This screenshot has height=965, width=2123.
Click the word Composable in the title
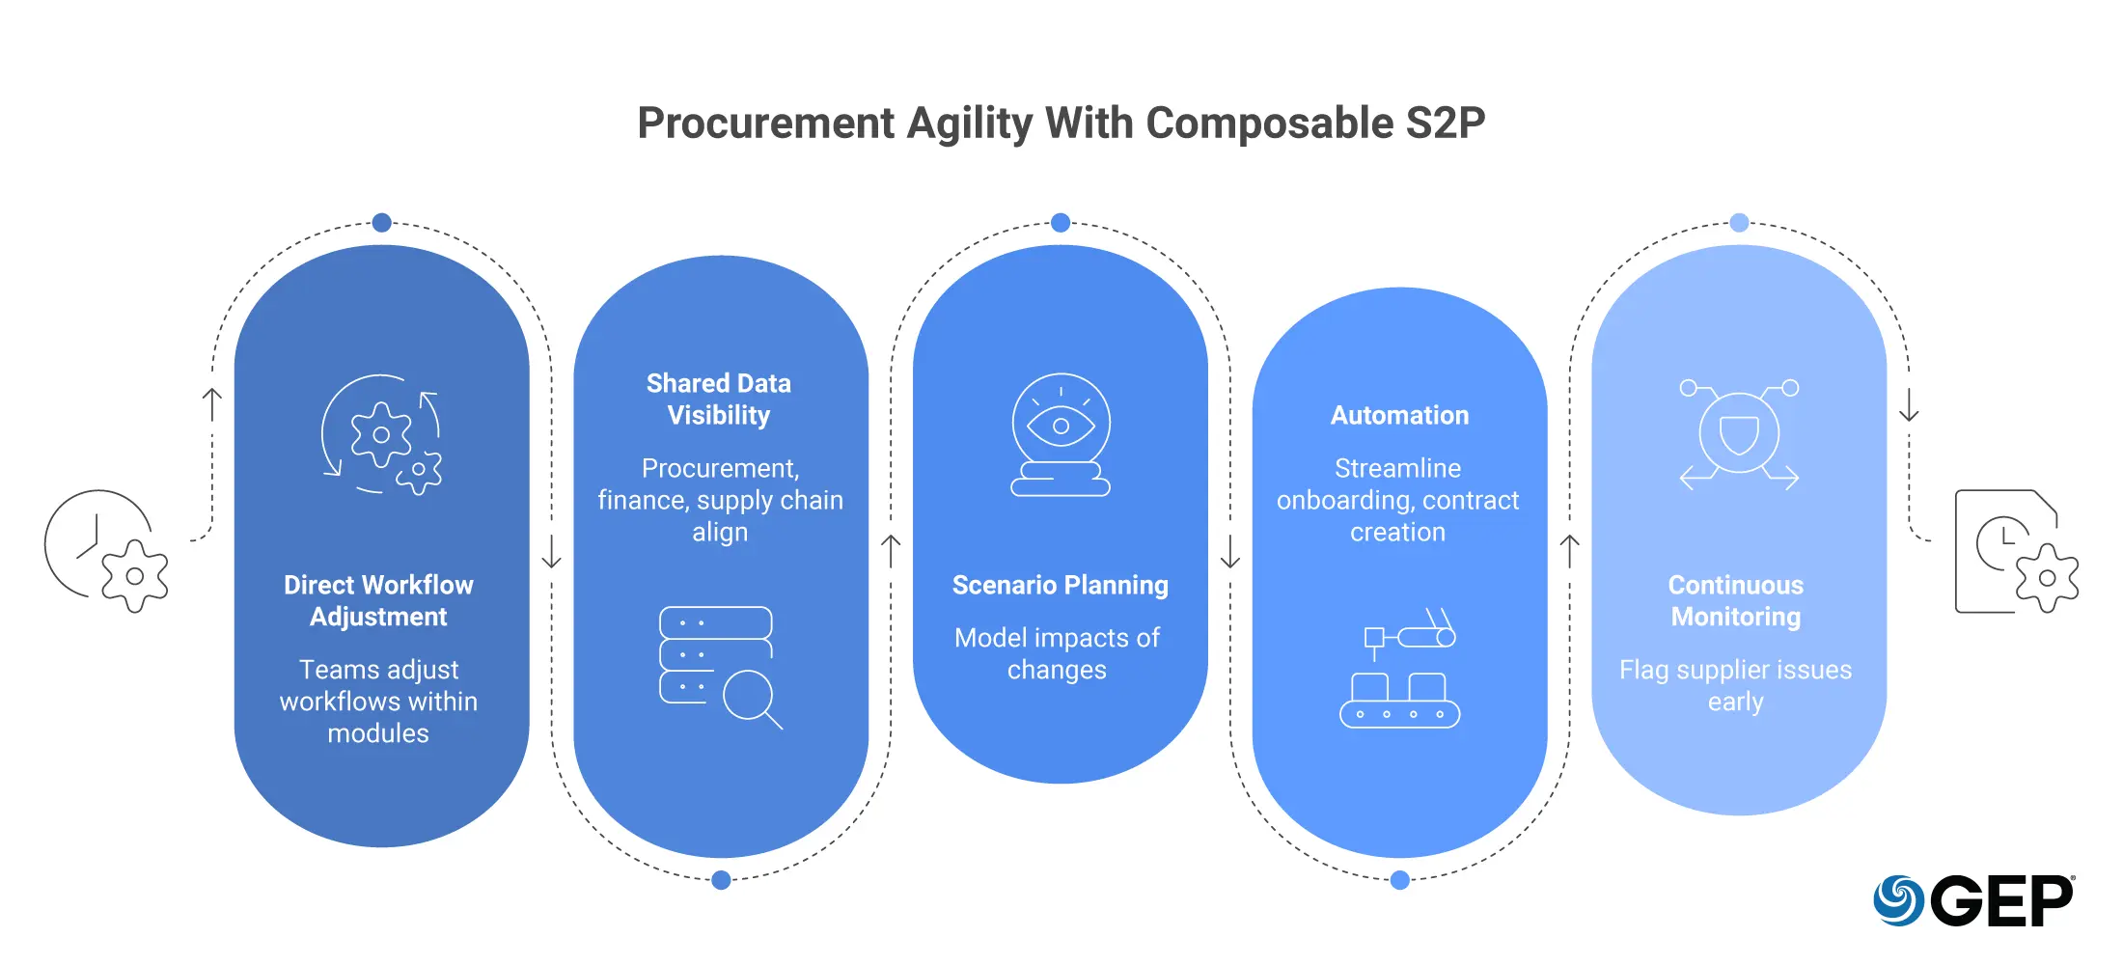tap(1270, 124)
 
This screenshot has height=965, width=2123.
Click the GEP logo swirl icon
tap(1898, 900)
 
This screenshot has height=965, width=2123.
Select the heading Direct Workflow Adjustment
tap(378, 600)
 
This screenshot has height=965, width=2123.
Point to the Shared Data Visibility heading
tap(719, 399)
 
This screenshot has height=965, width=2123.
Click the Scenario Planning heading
tap(1060, 585)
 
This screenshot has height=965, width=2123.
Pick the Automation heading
tap(1399, 415)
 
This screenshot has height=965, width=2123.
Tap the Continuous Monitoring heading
tap(1736, 600)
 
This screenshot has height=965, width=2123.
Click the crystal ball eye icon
tap(1061, 435)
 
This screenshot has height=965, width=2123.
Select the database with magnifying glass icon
tap(721, 667)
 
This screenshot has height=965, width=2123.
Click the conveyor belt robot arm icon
tap(1399, 667)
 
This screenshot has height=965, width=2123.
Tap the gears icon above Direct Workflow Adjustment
tap(382, 434)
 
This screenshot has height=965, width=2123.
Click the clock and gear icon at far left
tap(106, 551)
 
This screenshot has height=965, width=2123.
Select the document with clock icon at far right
tap(2017, 551)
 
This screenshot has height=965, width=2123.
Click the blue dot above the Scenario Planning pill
tap(1061, 223)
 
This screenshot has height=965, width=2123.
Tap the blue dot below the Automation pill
tap(1400, 879)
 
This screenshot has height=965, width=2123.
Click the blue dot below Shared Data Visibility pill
tap(721, 879)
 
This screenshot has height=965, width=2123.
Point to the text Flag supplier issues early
tap(1736, 685)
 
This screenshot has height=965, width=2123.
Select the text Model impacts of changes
tap(1058, 653)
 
